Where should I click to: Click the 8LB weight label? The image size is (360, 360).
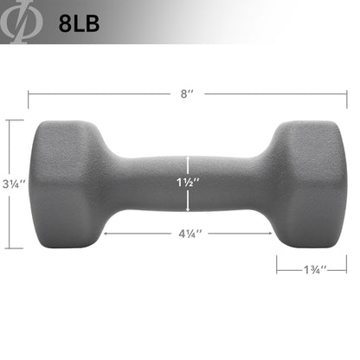coord(79,22)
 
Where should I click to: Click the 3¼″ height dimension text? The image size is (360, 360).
coord(13,184)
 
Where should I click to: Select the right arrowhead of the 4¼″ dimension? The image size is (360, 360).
coord(269,233)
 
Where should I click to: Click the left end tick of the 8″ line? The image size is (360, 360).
coord(29,92)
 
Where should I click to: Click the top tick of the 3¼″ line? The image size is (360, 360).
coord(12,119)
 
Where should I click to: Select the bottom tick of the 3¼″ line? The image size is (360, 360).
coord(12,248)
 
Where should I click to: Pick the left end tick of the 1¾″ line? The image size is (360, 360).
coord(278,263)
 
